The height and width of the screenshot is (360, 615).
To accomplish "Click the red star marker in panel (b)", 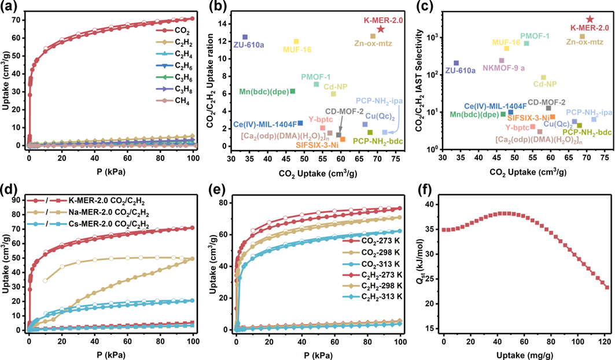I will [381, 29].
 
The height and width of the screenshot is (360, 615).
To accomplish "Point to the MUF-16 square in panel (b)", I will [296, 42].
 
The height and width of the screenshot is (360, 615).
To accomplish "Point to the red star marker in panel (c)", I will [590, 19].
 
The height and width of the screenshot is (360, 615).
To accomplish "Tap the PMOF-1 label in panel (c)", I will [535, 35].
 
